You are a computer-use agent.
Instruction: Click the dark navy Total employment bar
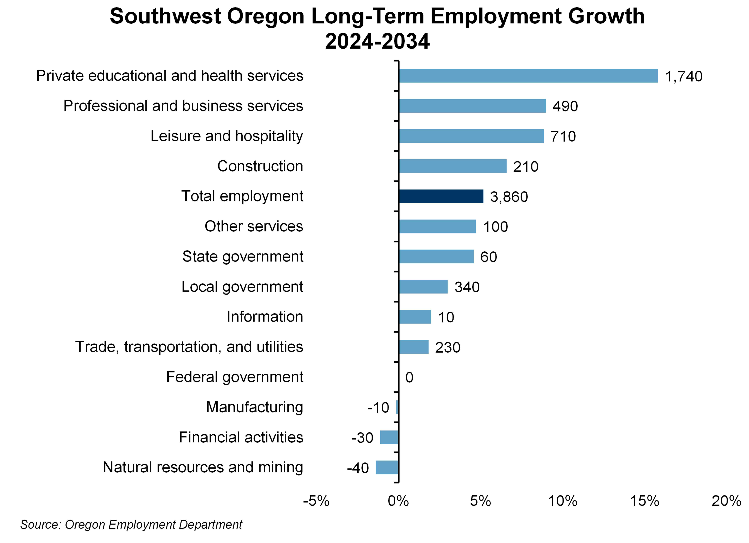click(x=441, y=196)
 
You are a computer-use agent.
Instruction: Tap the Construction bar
click(x=452, y=166)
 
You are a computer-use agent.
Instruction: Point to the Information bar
click(x=415, y=317)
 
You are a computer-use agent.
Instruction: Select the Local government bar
click(x=423, y=287)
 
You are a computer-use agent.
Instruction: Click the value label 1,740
click(x=683, y=76)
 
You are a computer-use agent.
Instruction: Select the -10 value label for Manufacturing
click(x=378, y=408)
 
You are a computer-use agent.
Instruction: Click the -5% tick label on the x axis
click(x=316, y=501)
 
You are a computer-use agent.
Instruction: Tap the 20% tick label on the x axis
click(x=726, y=501)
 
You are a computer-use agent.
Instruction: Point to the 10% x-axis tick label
click(x=562, y=501)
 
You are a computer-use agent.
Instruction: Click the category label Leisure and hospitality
click(x=227, y=136)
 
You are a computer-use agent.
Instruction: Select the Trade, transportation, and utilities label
click(x=189, y=347)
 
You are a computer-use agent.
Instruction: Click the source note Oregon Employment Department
click(x=131, y=525)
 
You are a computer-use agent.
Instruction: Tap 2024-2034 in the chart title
click(x=377, y=41)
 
